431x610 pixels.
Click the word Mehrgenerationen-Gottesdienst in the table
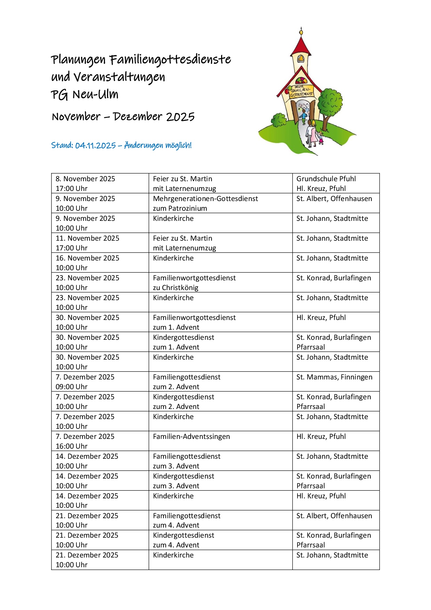point(205,199)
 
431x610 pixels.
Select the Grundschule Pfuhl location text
point(326,179)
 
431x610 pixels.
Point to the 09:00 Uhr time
point(72,387)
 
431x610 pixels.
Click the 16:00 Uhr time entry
point(72,446)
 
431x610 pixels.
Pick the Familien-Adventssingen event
point(191,436)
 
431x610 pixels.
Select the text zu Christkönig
point(176,288)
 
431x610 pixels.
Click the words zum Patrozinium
point(180,208)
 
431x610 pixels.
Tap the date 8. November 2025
point(85,179)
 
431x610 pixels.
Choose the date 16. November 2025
point(87,258)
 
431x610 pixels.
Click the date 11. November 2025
point(87,238)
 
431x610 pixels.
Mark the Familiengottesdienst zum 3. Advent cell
point(187,461)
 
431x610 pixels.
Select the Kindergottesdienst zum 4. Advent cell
point(184,540)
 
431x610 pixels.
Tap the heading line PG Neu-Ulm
point(84,95)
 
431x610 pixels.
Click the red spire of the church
point(301,45)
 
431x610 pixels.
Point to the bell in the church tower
point(301,60)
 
